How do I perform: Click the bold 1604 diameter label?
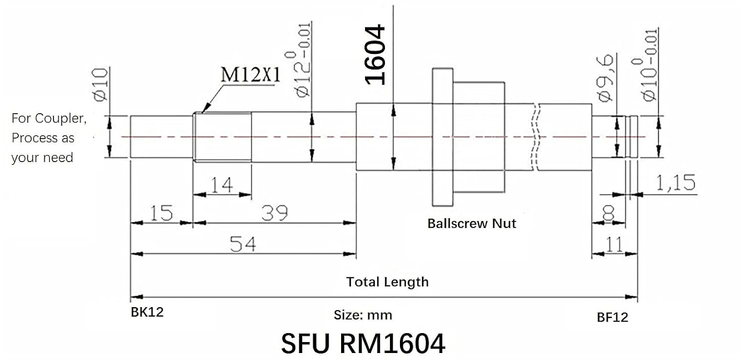click(x=375, y=55)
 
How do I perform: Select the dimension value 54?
click(x=243, y=244)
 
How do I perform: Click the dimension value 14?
click(x=221, y=185)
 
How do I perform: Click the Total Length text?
click(x=387, y=282)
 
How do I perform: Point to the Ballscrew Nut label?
click(x=472, y=223)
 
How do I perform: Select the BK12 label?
click(x=147, y=313)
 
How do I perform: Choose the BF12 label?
click(x=612, y=318)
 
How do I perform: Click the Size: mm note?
click(x=363, y=315)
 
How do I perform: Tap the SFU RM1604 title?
click(x=363, y=343)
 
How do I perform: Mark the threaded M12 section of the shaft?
click(x=222, y=137)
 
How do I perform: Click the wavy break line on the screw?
click(x=536, y=137)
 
